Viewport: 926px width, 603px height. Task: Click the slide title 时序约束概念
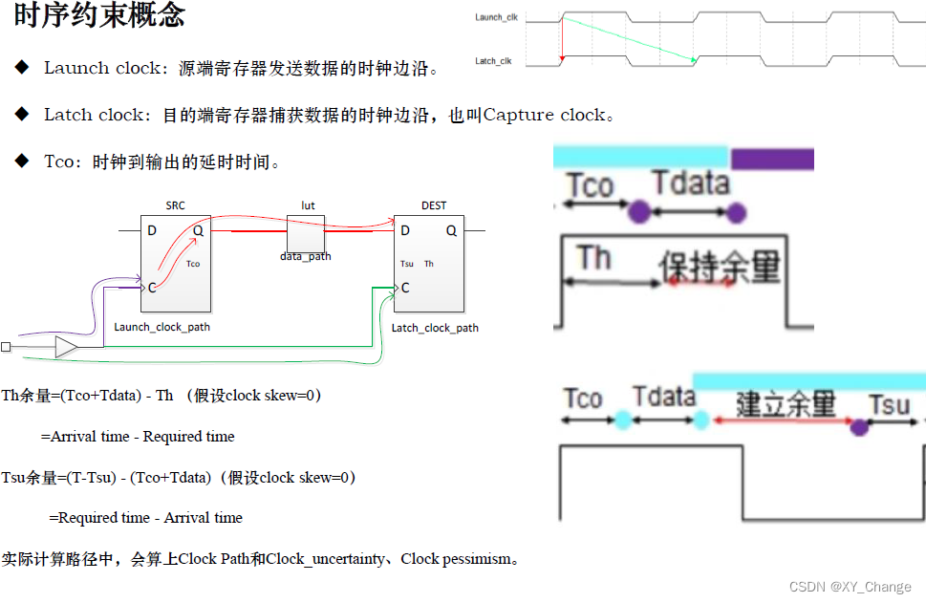[x=100, y=15]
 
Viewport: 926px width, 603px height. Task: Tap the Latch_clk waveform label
[x=493, y=61]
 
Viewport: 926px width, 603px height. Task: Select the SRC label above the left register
[x=175, y=205]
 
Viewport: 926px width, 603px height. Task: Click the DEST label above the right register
[x=433, y=205]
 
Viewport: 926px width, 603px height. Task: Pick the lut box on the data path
[x=306, y=233]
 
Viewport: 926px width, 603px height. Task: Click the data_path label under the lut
[x=306, y=257]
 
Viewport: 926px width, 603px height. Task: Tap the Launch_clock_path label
[x=162, y=327]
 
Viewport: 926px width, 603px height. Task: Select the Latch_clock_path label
[x=435, y=328]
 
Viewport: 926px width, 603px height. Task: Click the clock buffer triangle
[x=66, y=346]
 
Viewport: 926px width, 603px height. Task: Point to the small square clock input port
[x=7, y=346]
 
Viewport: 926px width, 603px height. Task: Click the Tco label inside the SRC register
[x=193, y=264]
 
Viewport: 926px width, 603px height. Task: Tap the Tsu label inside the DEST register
[x=407, y=264]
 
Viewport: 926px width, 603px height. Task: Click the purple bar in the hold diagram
[x=771, y=159]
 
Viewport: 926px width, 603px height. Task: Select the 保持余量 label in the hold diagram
[x=720, y=267]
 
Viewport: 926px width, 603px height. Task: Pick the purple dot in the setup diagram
[x=859, y=427]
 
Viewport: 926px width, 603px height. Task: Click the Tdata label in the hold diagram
[x=691, y=182]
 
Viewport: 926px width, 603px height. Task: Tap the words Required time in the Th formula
[x=188, y=437]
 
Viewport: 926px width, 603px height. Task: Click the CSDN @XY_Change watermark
[x=851, y=587]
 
